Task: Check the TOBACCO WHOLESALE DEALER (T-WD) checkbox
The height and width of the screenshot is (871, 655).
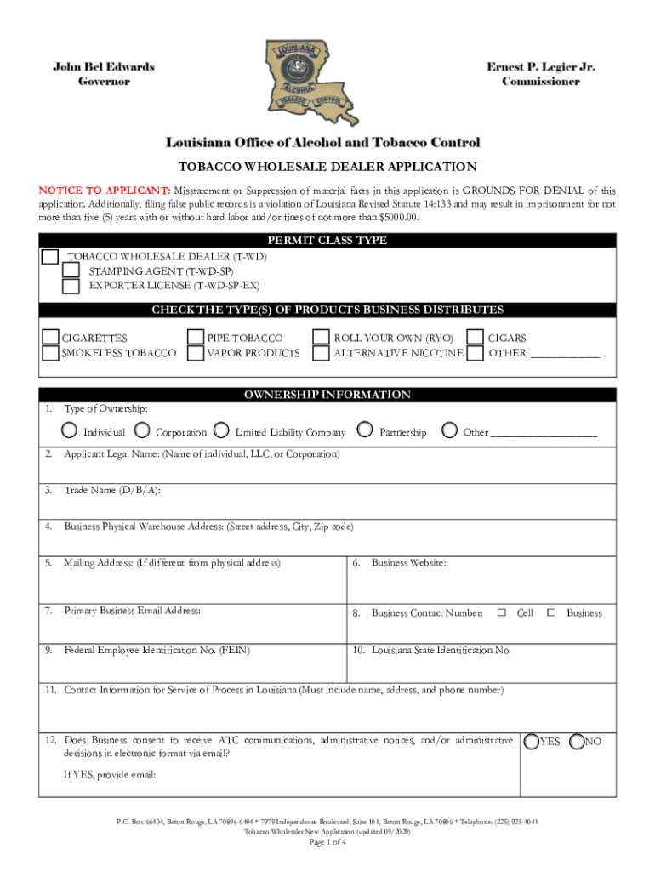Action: (x=51, y=257)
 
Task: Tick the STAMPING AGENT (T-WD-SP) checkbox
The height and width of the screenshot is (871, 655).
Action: (x=71, y=271)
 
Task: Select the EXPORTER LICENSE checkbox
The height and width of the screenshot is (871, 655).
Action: (x=71, y=286)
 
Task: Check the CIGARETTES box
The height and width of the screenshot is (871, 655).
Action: (x=51, y=339)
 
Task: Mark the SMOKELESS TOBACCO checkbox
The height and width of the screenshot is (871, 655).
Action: (x=51, y=353)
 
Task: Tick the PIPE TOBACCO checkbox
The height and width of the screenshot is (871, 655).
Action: (x=196, y=339)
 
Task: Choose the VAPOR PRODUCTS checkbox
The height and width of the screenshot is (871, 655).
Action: (x=196, y=353)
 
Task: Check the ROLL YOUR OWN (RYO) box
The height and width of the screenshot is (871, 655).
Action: (x=321, y=339)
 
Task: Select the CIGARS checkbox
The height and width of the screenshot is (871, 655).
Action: (x=475, y=339)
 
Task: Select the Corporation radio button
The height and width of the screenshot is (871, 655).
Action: (x=142, y=430)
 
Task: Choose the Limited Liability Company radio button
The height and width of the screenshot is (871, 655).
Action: (x=221, y=430)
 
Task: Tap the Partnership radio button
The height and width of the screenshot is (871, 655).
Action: (x=366, y=430)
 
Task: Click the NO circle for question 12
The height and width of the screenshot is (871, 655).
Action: (x=577, y=742)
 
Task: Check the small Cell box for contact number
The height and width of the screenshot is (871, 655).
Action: (x=501, y=612)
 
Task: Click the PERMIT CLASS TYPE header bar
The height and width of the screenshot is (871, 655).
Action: (x=327, y=241)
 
